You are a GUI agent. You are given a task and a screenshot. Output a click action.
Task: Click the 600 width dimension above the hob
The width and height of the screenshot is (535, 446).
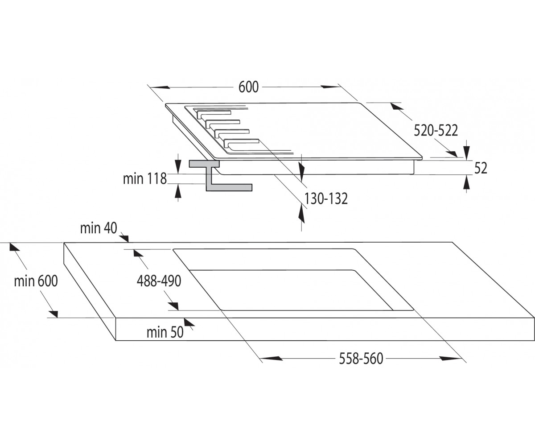click(248, 87)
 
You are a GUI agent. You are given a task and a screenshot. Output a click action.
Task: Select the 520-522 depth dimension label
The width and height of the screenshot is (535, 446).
click(436, 131)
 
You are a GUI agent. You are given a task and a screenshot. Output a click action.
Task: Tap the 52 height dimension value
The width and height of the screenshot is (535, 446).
click(481, 168)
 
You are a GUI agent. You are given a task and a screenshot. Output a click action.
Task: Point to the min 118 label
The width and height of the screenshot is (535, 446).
click(145, 179)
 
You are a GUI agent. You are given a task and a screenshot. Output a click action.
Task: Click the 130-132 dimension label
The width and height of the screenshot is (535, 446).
click(326, 198)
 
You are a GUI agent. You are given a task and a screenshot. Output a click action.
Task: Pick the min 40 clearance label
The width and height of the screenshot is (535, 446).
click(99, 228)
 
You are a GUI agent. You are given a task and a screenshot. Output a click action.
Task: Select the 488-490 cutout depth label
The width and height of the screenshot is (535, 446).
click(159, 281)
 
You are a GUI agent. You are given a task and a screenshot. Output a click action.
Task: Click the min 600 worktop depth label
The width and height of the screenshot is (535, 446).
click(36, 281)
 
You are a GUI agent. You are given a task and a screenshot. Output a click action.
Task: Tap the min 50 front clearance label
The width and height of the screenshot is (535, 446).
click(165, 332)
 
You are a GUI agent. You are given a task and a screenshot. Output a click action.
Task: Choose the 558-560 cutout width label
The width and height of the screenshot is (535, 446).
click(361, 359)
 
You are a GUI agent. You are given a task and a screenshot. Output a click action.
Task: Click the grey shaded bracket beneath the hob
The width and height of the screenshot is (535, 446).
click(220, 176)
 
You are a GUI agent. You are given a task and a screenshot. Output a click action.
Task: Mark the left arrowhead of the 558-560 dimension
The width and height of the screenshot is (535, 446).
click(272, 358)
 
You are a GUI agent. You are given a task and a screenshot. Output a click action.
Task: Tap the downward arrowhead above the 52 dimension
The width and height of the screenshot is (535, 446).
click(467, 153)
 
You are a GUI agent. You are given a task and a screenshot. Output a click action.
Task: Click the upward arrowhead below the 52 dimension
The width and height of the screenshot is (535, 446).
click(467, 182)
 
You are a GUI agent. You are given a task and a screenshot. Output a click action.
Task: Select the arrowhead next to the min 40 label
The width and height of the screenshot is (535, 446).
click(124, 238)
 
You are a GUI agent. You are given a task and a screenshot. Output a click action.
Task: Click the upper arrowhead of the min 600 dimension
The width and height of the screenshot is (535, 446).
click(15, 247)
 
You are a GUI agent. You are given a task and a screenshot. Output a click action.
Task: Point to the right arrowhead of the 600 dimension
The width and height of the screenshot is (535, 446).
click(331, 87)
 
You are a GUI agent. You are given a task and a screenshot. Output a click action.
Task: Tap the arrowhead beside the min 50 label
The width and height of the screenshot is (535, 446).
click(189, 322)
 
